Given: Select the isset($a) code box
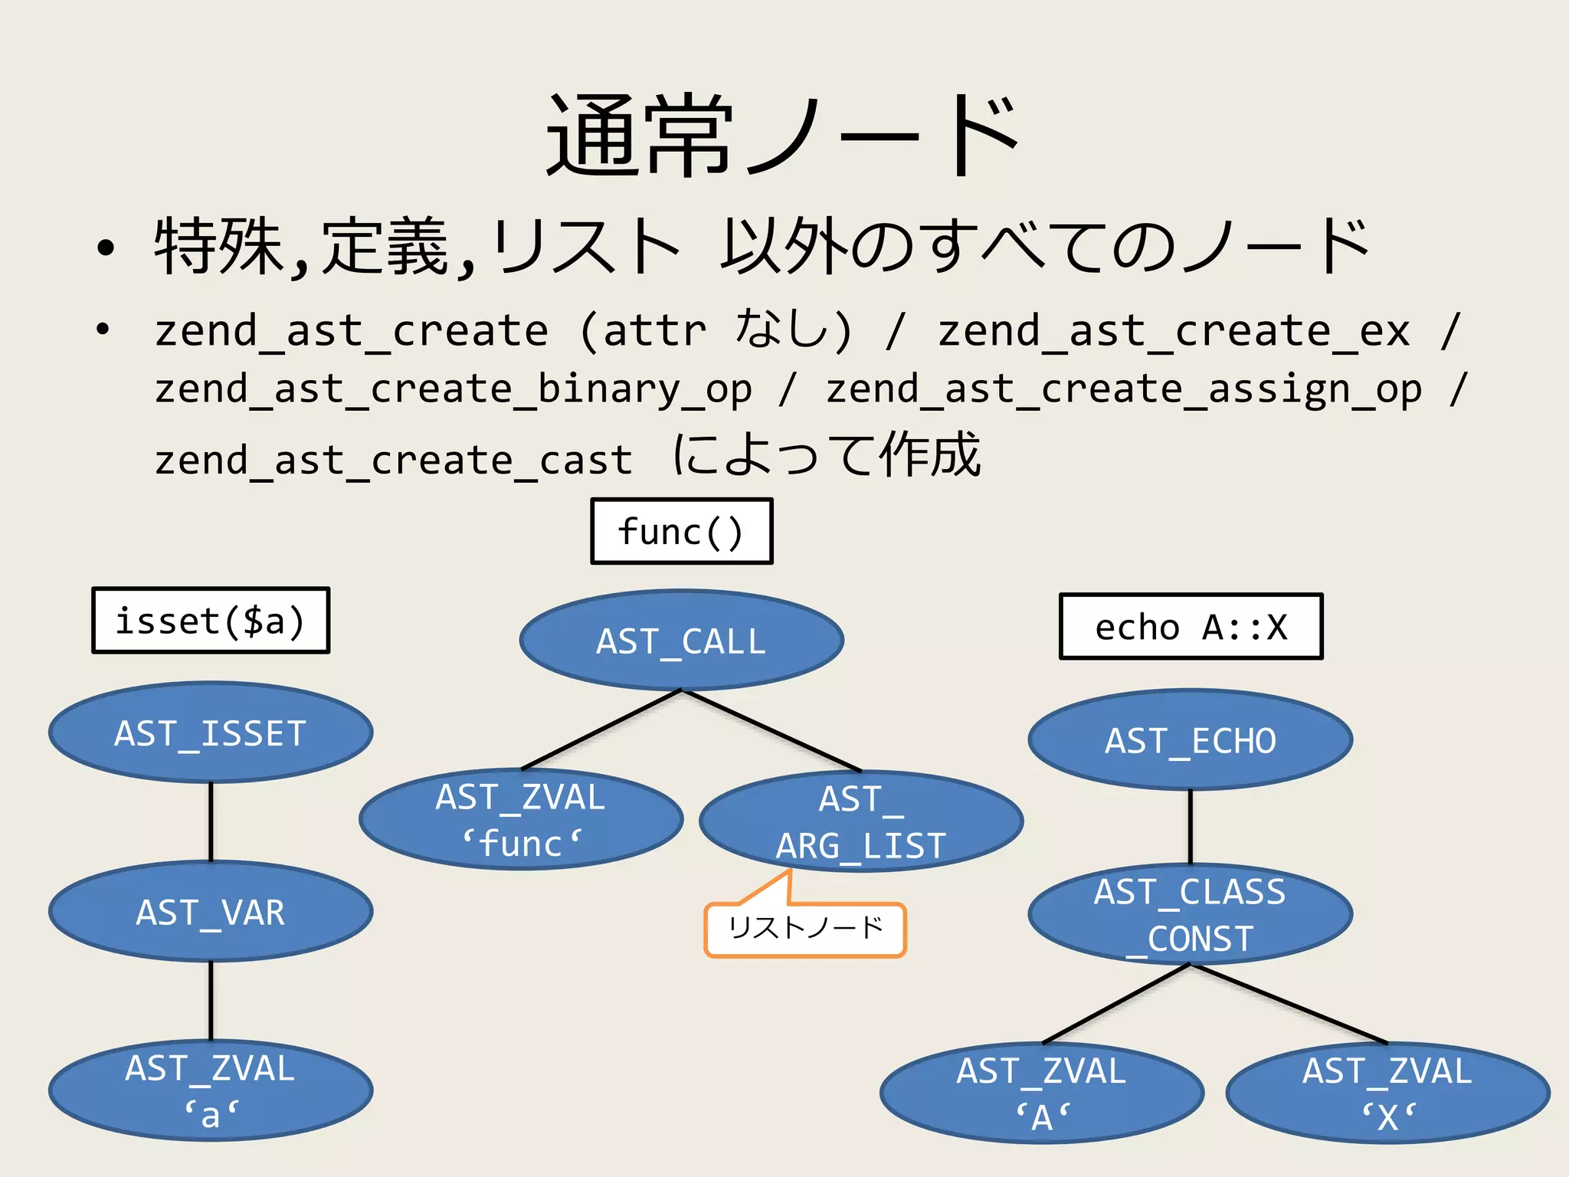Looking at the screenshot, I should click(211, 621).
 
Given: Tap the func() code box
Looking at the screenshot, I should click(681, 532).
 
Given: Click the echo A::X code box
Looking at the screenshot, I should click(1191, 627).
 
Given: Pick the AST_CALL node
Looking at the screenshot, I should click(681, 641).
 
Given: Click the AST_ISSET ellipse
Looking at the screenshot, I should click(211, 733).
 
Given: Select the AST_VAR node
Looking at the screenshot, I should click(211, 912).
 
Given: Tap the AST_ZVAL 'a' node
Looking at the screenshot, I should click(211, 1091).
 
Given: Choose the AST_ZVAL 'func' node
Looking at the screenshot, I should click(521, 820).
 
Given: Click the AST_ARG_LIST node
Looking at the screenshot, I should click(861, 821).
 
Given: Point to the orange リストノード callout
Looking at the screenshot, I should click(804, 929).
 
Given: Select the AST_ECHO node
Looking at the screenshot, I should click(1191, 740).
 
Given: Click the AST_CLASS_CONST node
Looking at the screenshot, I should click(1191, 915).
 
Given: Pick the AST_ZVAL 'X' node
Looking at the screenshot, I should click(1387, 1093).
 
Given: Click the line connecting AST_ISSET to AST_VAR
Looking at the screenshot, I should click(211, 821).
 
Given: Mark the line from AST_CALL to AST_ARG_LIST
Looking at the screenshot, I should click(771, 731).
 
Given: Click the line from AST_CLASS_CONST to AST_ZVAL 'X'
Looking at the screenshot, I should click(1289, 1004).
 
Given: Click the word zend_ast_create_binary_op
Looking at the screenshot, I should click(453, 389).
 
